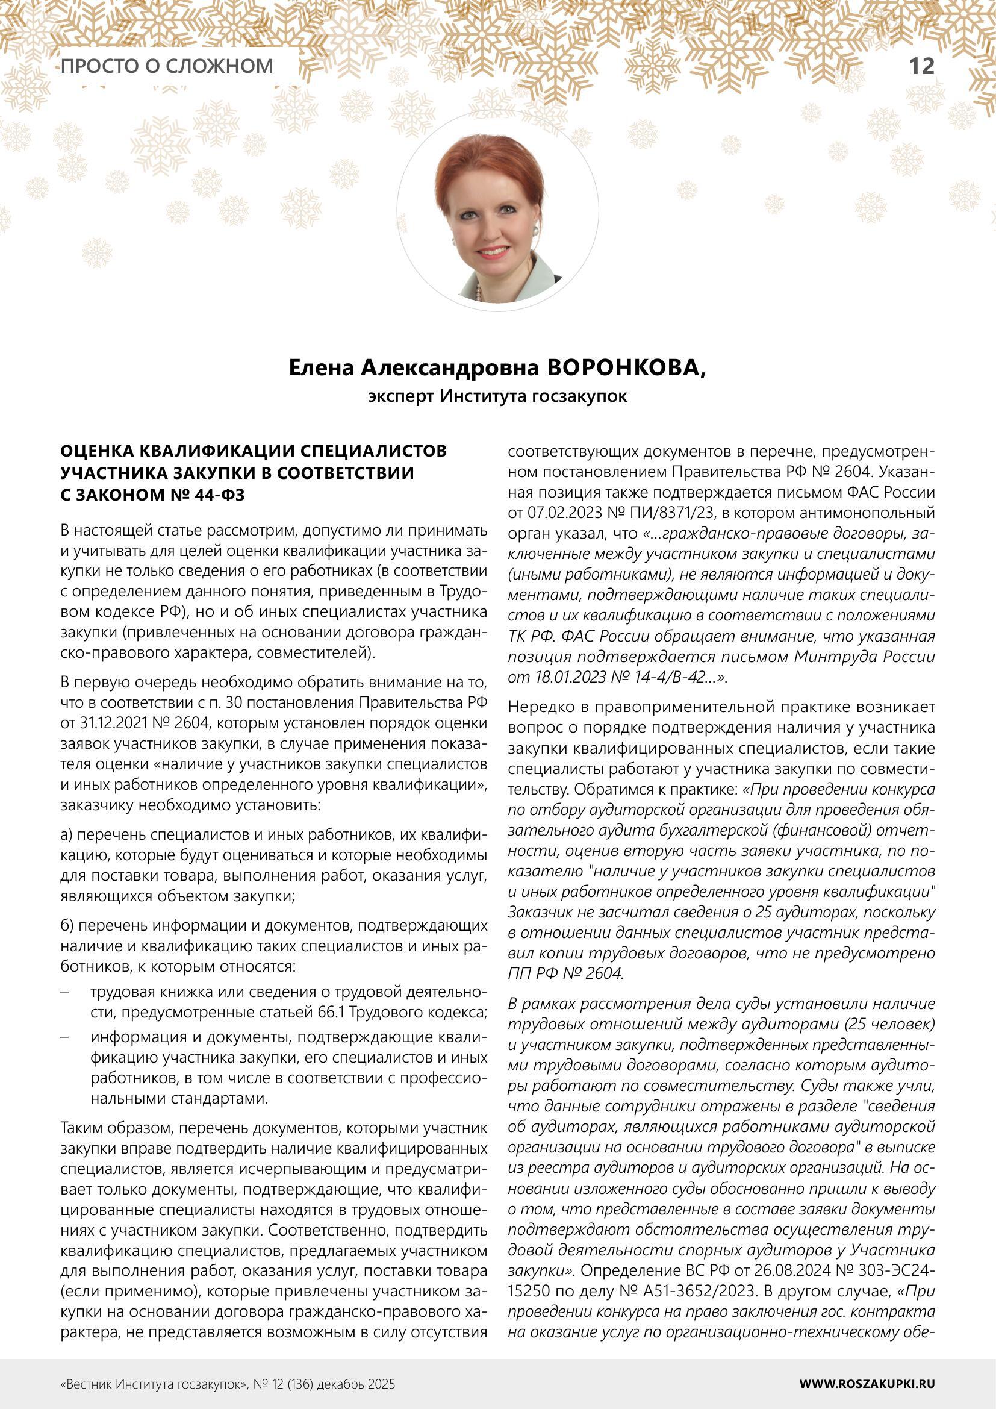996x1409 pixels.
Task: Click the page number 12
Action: point(921,66)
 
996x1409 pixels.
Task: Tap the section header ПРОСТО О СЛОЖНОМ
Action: point(167,66)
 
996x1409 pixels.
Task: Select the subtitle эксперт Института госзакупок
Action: point(497,396)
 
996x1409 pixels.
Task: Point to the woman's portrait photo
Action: point(497,211)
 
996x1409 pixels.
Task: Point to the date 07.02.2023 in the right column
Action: point(565,513)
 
